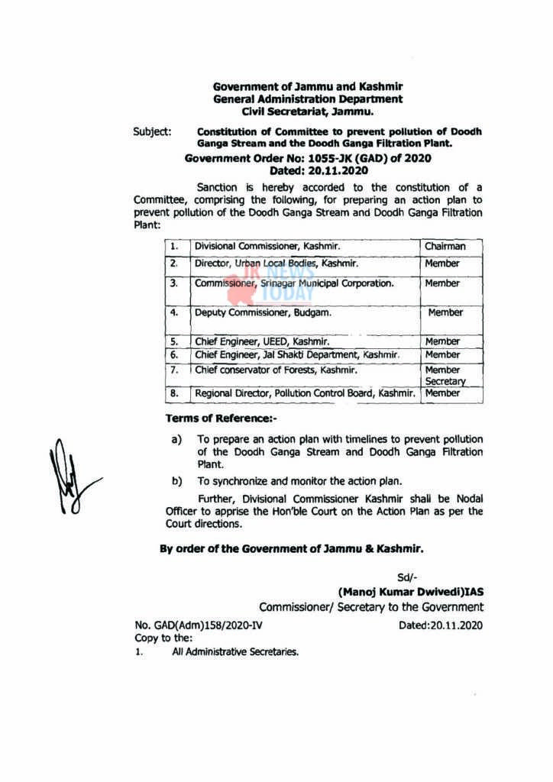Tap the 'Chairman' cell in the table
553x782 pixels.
[444, 247]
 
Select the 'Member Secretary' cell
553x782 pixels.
[445, 375]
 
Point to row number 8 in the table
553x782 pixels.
[174, 393]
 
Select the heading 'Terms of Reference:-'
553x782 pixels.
[222, 418]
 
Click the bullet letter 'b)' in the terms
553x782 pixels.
[177, 481]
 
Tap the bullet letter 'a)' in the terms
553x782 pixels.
[177, 440]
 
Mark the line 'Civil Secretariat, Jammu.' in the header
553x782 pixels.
[308, 111]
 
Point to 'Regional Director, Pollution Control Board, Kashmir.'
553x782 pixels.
[305, 393]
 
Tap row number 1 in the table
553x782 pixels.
[174, 247]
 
